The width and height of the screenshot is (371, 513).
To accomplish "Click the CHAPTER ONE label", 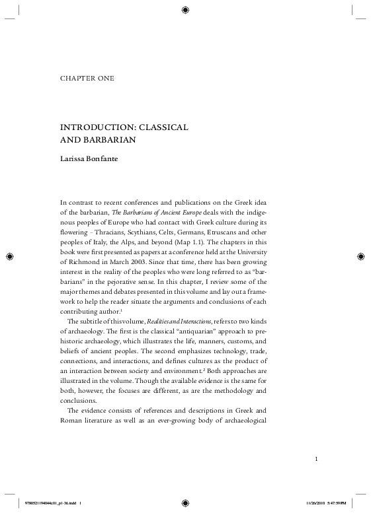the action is (86, 79).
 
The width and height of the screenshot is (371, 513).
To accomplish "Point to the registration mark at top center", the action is (185, 9).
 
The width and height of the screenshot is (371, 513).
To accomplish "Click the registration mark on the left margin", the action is (10, 256).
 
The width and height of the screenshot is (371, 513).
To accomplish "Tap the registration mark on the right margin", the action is (361, 256).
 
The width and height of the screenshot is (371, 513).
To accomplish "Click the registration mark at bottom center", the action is (185, 503).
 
